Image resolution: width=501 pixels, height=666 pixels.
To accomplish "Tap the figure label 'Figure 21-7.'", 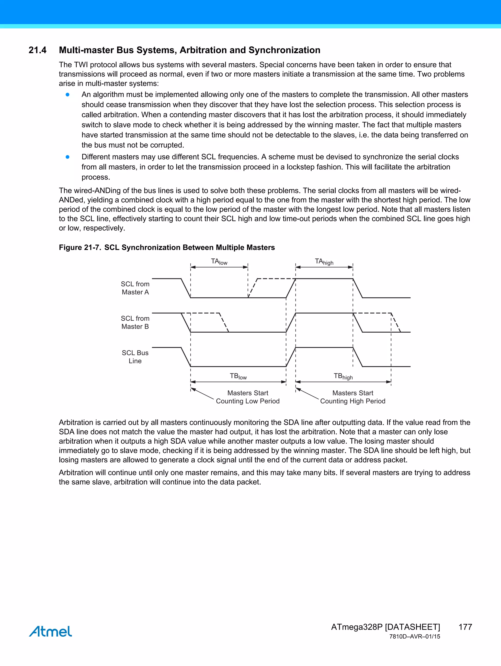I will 80,247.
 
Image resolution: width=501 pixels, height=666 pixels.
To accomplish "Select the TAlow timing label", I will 219,262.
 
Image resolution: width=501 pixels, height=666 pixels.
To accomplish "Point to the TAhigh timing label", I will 324,262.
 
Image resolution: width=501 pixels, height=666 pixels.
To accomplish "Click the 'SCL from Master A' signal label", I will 135,288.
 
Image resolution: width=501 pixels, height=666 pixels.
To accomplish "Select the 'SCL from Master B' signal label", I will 135,322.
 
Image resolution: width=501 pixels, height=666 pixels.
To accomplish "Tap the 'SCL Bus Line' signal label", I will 135,357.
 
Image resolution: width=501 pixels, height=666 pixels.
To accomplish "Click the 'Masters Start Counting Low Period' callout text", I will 248,397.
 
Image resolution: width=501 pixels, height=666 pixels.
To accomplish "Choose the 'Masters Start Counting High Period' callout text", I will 353,397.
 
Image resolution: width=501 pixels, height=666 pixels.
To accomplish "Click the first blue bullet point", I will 68,95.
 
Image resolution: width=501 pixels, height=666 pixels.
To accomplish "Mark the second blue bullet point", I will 68,157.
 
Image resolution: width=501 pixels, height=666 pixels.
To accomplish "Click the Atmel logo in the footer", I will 51,631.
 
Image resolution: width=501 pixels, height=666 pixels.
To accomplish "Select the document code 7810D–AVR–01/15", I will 414,637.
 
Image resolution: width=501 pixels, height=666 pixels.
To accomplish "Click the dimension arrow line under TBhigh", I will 343,382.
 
